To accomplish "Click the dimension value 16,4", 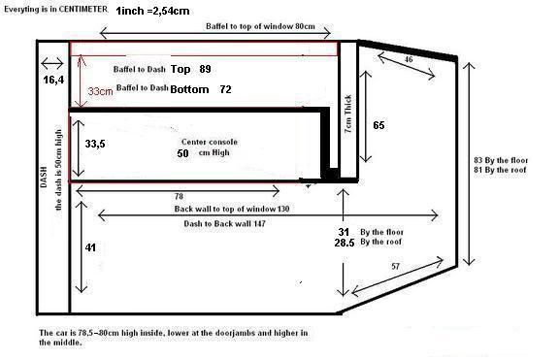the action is [53, 80].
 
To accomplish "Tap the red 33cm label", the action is [100, 91].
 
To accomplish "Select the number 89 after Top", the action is [205, 69].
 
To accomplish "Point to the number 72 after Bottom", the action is [225, 89].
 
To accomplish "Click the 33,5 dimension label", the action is [95, 144].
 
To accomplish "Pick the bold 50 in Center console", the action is [182, 153].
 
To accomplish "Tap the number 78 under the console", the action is [179, 196].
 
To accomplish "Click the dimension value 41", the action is [90, 247].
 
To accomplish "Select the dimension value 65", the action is [378, 125].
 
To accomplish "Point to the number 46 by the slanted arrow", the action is [409, 59].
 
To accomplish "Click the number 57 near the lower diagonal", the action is [395, 266].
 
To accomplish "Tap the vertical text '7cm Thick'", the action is [348, 114].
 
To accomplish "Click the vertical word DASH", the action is [44, 177].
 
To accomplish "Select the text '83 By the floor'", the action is [501, 160].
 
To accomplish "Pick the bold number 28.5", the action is [345, 243].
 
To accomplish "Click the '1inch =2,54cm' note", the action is [152, 11].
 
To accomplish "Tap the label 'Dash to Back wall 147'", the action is [224, 224].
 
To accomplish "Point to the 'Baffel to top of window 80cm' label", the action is [260, 26].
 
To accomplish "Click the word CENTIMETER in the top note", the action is [82, 10].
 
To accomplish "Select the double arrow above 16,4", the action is [52, 64].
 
